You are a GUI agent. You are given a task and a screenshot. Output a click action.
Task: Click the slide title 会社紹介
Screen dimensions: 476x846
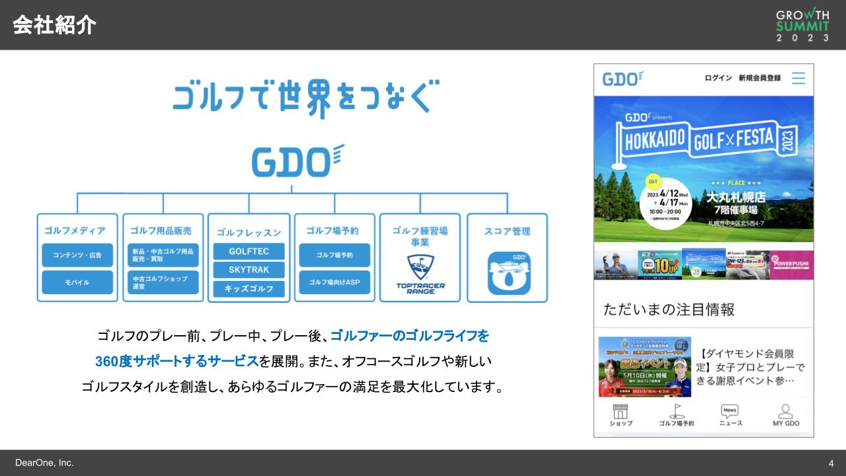point(54,25)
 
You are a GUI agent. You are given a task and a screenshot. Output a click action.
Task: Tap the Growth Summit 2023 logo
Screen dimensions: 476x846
point(802,25)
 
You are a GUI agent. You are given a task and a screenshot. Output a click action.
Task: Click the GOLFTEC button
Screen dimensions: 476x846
point(249,251)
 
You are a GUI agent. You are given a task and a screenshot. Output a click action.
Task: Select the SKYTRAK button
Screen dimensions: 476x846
point(249,270)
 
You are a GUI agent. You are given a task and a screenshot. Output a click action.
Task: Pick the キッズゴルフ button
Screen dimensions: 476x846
point(249,289)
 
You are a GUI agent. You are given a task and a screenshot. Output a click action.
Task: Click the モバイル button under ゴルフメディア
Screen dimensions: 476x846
point(77,282)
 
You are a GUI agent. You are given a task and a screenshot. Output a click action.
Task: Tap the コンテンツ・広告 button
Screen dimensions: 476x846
point(77,255)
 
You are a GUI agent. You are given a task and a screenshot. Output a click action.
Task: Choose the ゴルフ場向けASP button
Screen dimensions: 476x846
point(334,282)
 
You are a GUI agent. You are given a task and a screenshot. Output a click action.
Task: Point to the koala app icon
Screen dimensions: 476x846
point(509,272)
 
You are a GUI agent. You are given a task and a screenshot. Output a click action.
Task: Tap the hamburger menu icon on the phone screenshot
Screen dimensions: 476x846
point(798,78)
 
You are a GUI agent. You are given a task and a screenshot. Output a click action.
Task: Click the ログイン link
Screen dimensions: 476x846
point(718,78)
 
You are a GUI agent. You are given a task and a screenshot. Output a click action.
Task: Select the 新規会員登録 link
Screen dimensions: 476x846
point(759,78)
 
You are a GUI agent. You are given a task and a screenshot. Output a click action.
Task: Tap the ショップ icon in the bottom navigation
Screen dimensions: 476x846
point(621,415)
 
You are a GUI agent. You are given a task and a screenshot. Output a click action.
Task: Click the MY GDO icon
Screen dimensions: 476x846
point(786,415)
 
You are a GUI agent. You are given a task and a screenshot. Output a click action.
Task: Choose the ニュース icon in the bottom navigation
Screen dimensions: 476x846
point(730,415)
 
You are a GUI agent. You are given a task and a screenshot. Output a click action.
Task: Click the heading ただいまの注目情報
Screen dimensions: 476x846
point(668,309)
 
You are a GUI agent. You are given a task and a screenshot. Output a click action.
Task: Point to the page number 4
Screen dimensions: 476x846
point(831,463)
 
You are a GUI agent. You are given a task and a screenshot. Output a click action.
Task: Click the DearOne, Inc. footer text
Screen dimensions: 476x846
point(44,463)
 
